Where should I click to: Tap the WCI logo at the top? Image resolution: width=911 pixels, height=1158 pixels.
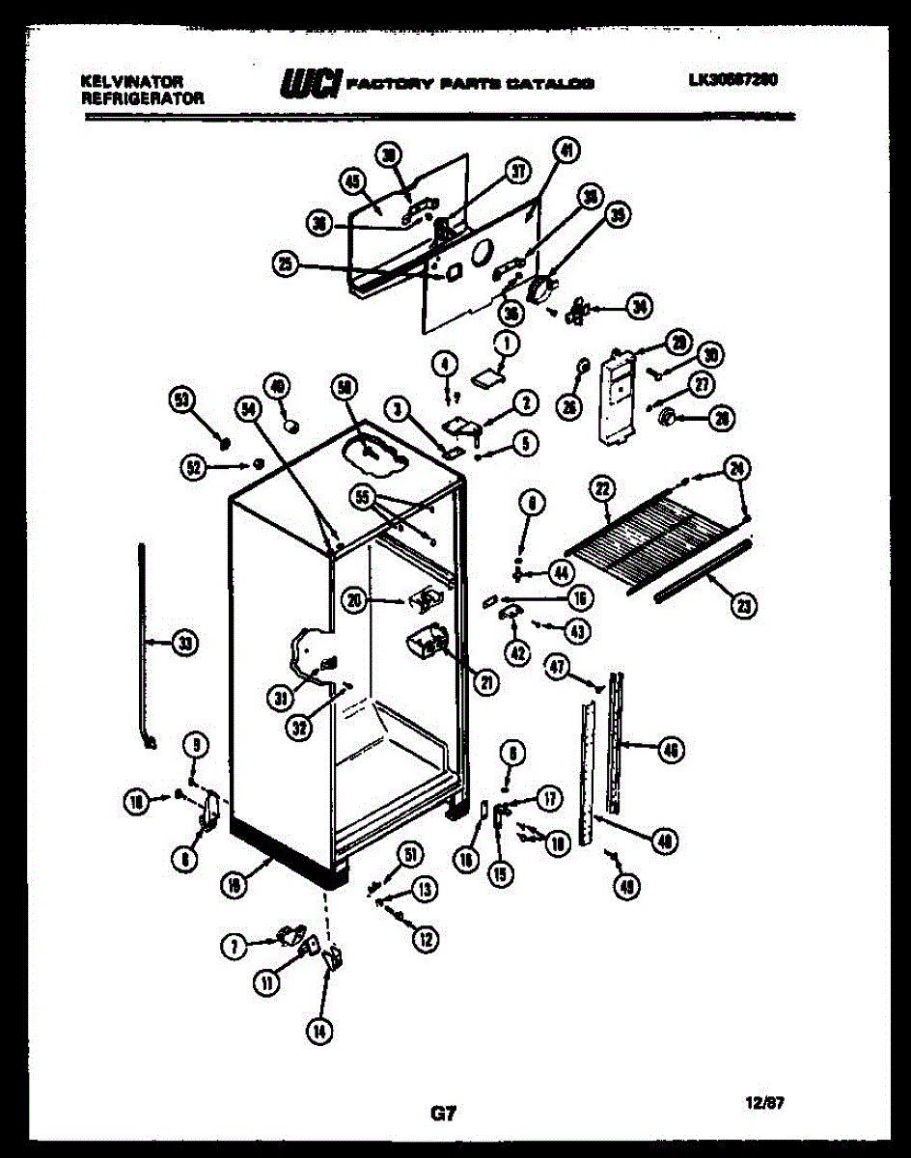(310, 84)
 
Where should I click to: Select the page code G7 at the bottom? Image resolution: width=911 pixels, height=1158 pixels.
(442, 1113)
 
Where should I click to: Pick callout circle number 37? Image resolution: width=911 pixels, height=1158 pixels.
(519, 172)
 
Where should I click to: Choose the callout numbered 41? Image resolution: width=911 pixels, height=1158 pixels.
(566, 151)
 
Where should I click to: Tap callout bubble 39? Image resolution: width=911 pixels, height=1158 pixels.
(617, 216)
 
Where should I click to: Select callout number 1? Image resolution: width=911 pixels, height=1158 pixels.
(507, 342)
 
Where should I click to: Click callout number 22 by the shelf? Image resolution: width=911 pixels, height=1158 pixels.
(602, 490)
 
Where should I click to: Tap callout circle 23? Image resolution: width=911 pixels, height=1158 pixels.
(743, 606)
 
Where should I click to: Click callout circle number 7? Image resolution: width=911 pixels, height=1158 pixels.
(233, 947)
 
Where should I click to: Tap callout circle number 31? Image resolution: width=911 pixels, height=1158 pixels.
(281, 699)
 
